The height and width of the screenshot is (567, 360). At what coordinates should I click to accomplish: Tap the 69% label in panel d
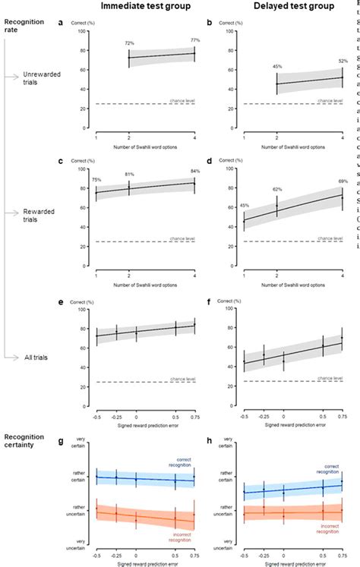tap(343, 160)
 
